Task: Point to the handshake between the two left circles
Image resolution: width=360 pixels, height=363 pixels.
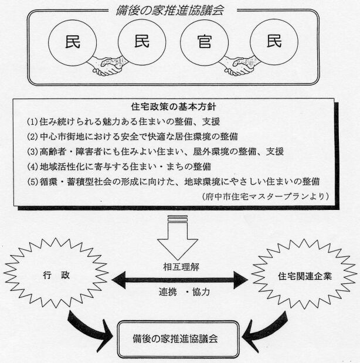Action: coord(108,66)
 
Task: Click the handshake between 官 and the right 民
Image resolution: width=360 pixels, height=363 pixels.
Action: coord(240,66)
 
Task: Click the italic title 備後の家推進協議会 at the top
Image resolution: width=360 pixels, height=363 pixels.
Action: coord(170,11)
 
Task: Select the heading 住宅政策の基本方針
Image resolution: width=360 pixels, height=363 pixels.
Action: coord(174,107)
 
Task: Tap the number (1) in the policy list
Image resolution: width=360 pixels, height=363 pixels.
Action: coord(32,121)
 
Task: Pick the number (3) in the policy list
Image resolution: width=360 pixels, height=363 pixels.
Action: coord(32,152)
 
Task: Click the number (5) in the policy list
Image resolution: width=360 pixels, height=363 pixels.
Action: coord(32,182)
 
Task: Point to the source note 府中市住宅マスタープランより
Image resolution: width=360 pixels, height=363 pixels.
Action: coord(266,196)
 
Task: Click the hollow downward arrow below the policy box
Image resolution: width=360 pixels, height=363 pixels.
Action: coord(178,239)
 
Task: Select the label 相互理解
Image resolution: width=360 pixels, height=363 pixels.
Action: coord(181,267)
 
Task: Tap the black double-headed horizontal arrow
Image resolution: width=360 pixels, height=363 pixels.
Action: coord(179,280)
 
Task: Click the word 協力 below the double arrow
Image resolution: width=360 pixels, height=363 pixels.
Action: coord(201,292)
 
